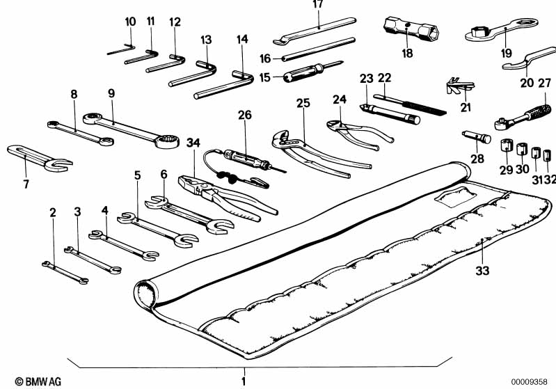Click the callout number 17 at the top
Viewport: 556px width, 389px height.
tap(318, 5)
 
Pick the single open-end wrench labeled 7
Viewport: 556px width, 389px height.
tap(38, 157)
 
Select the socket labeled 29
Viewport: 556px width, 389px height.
tap(506, 148)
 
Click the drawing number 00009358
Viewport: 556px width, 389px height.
tap(532, 381)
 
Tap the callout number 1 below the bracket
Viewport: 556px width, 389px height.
tap(244, 381)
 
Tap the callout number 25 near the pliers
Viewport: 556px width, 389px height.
tap(303, 104)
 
